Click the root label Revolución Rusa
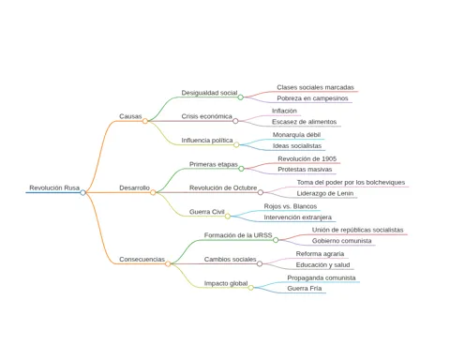(x=54, y=187)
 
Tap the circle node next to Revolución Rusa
(x=82, y=192)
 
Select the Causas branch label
(x=130, y=116)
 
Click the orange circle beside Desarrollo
(x=153, y=192)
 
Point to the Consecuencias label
(x=142, y=260)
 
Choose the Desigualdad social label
(x=209, y=93)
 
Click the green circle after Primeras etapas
(x=241, y=169)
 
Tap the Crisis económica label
(x=206, y=116)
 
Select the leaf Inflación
(x=284, y=111)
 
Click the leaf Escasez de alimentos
(x=304, y=122)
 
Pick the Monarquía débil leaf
(x=296, y=135)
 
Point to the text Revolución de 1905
(x=307, y=158)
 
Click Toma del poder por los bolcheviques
(x=351, y=182)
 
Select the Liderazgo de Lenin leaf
(x=325, y=193)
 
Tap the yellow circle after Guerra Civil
(x=228, y=217)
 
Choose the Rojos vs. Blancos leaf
(x=291, y=206)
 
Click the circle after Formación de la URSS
(x=276, y=240)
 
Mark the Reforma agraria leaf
(x=320, y=254)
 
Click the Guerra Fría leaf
(x=305, y=289)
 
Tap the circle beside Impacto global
(x=251, y=288)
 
